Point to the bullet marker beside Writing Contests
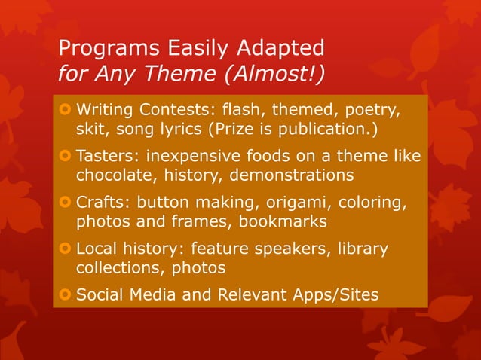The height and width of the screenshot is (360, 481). (66, 112)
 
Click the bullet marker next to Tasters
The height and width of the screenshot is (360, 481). (66, 157)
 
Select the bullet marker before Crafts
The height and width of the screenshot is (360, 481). (66, 203)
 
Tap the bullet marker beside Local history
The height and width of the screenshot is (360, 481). (66, 249)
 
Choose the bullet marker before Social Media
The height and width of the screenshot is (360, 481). (66, 294)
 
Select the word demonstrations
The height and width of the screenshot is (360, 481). (306, 176)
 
